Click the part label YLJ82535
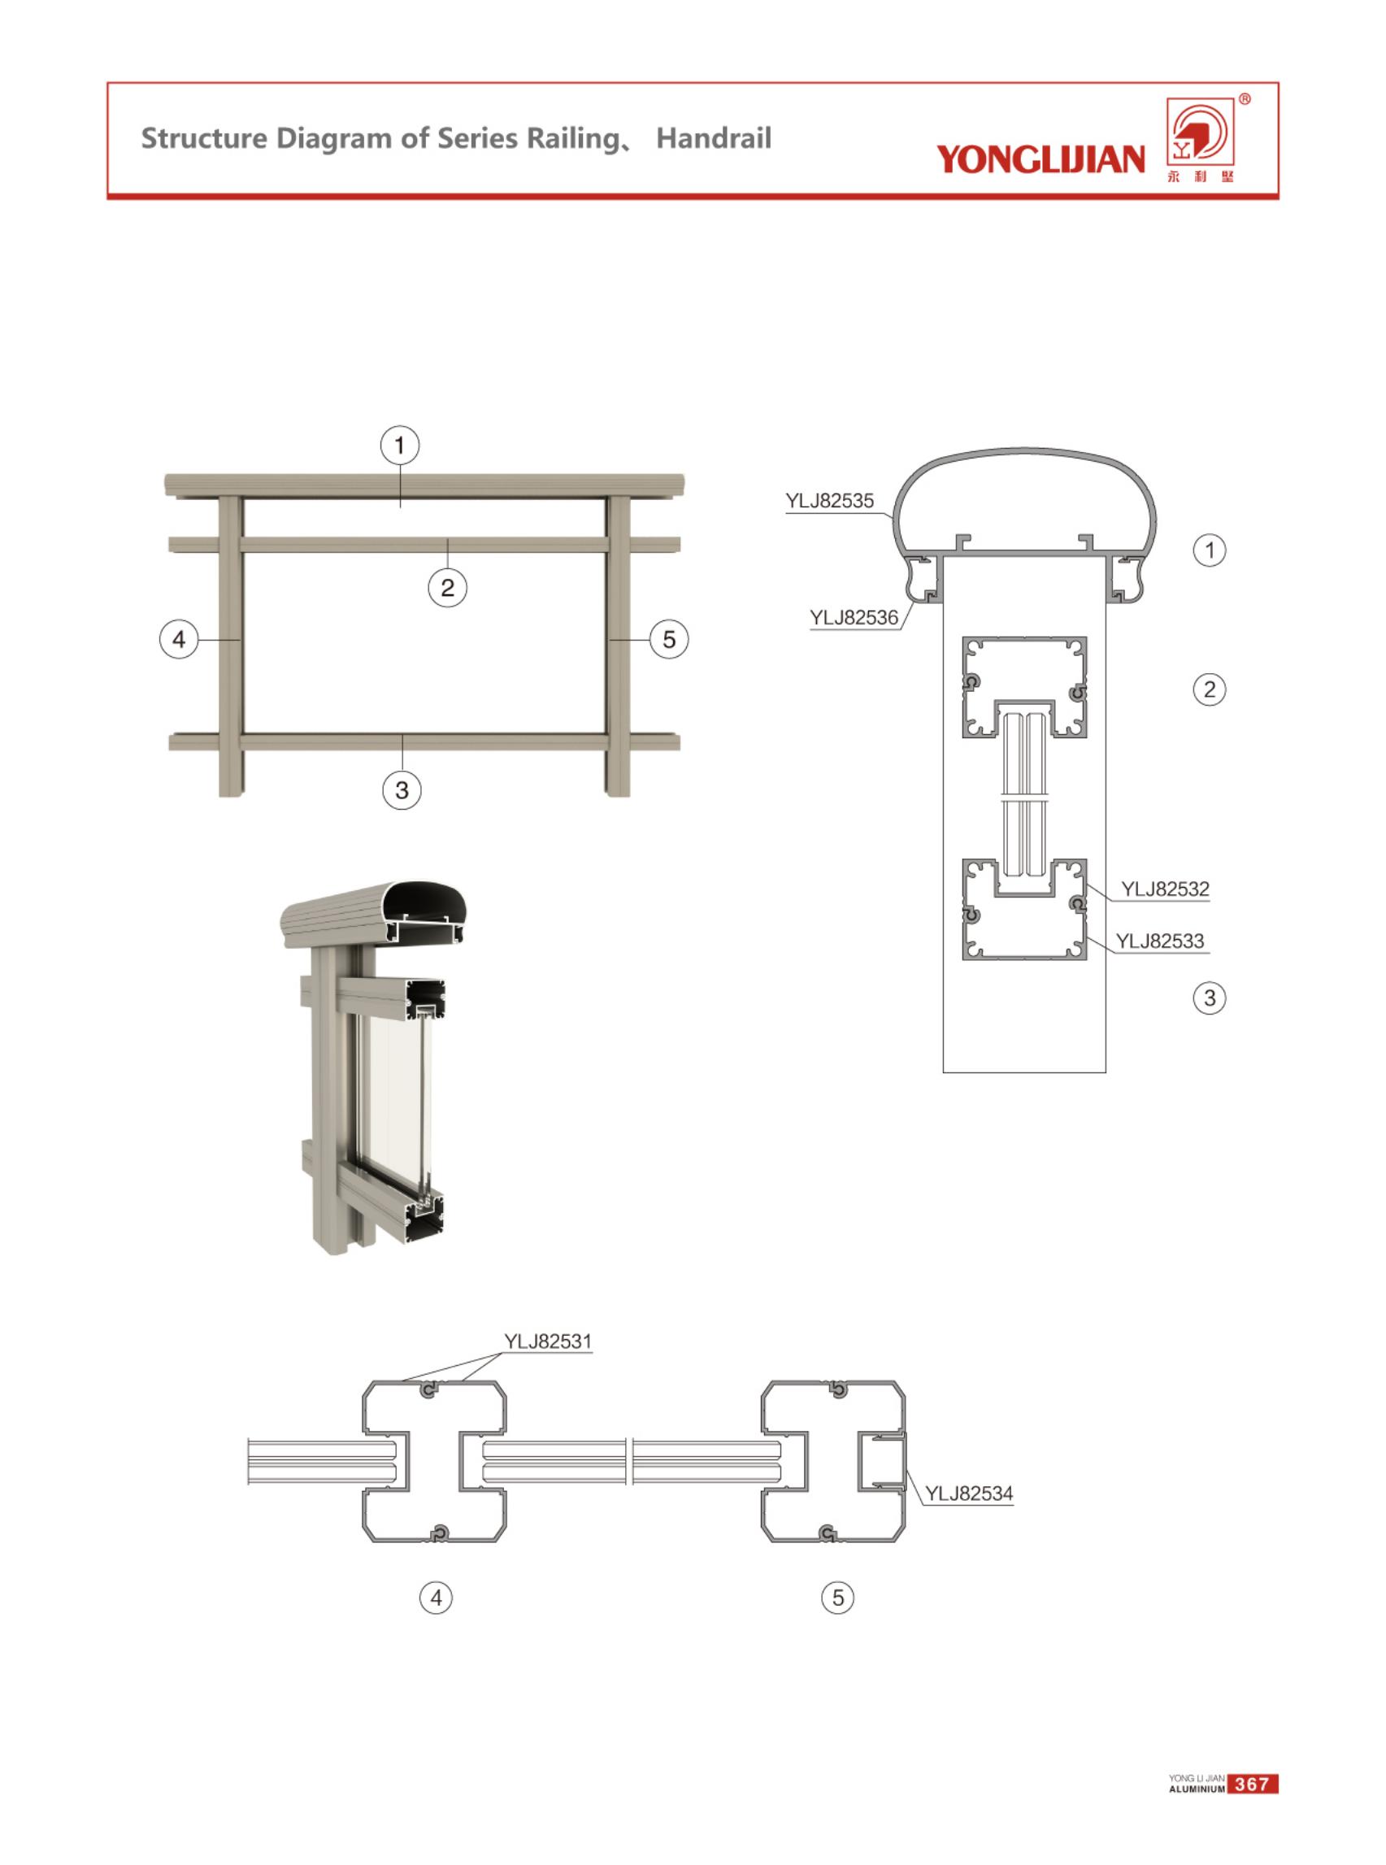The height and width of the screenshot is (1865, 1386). click(830, 501)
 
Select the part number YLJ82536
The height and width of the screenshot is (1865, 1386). click(854, 618)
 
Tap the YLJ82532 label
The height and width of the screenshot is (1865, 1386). click(1166, 889)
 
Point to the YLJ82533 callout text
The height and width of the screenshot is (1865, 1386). click(1159, 941)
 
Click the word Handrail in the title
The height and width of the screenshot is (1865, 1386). click(713, 138)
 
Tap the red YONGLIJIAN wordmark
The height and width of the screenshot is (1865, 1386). click(1041, 158)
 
